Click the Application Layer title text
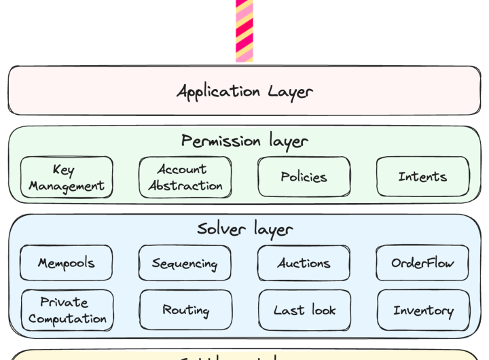point(244,91)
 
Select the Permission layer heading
point(244,141)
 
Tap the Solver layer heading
point(244,229)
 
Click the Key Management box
point(67,177)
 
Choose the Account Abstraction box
point(185,177)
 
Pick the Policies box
point(304,177)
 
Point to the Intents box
point(422,177)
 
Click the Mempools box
point(67,264)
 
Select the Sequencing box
point(185,264)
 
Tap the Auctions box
point(304,264)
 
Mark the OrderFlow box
point(422,264)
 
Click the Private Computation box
point(67,310)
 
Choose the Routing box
point(185,310)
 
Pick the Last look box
point(304,310)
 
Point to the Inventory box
point(423,310)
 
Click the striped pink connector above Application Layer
point(244,31)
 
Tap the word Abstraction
point(185,185)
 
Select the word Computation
point(67,319)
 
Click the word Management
point(67,185)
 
